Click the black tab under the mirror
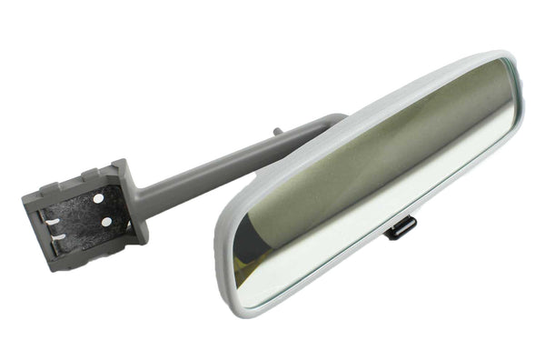[x=401, y=227]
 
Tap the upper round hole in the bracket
[x=98, y=197]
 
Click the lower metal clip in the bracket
[x=59, y=237]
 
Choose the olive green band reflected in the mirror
[x=363, y=155]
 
